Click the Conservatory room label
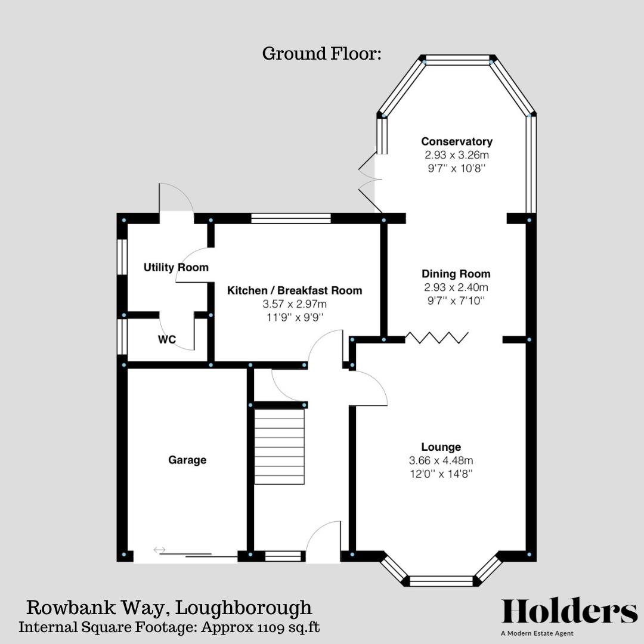click(457, 141)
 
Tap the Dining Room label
click(456, 274)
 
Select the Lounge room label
click(441, 447)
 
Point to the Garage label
click(187, 460)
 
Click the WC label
click(167, 340)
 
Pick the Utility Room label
click(176, 267)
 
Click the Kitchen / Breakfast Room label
click(295, 290)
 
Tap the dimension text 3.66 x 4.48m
click(441, 460)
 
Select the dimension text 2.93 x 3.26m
click(457, 155)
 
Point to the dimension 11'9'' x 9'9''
click(295, 317)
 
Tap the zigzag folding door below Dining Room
click(437, 338)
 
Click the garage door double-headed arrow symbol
click(159, 550)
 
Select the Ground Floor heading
click(321, 54)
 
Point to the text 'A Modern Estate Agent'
click(537, 634)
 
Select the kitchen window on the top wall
click(291, 218)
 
